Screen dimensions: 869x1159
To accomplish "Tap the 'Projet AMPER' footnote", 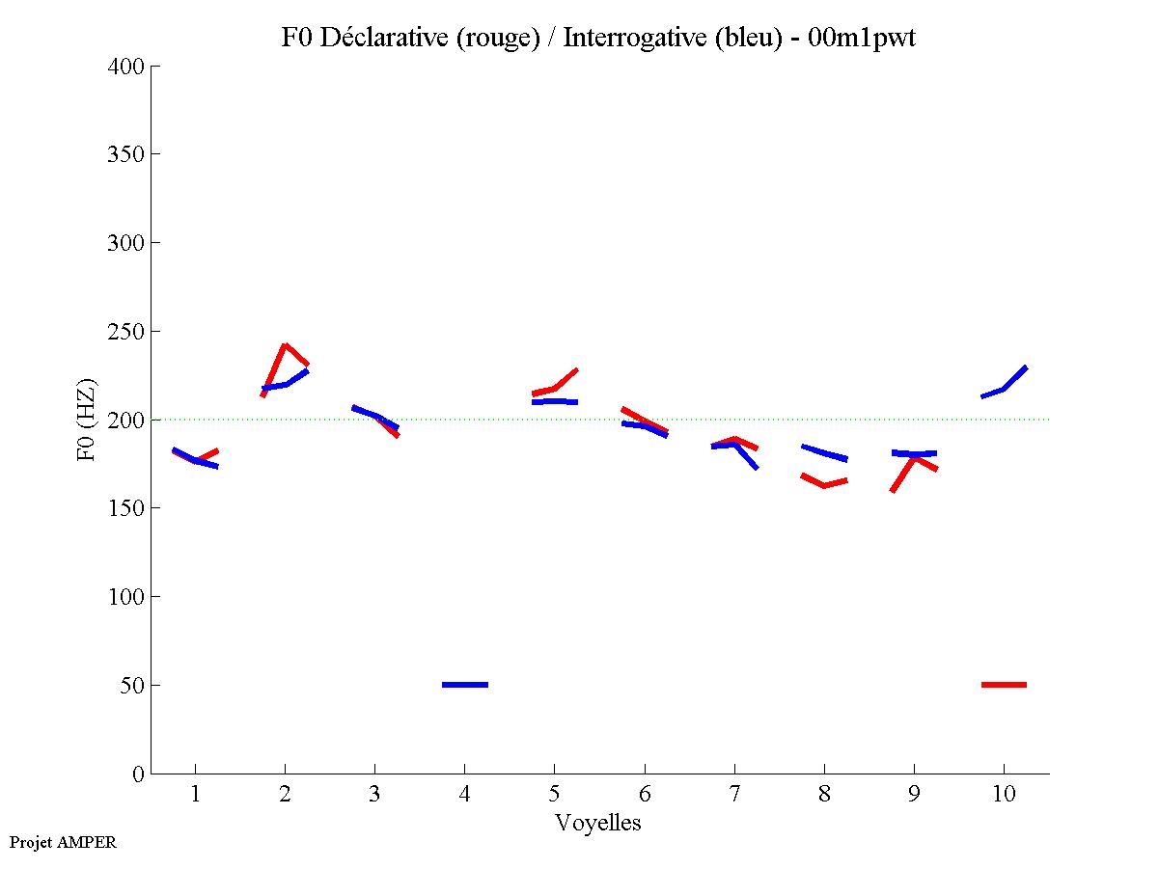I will coord(63,842).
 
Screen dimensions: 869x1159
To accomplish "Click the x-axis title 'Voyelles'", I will coord(598,823).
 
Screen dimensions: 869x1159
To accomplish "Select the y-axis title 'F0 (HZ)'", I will coord(86,420).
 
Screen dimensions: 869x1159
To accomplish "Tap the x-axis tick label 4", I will coord(464,794).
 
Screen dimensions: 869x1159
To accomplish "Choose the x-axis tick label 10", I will coord(1004,794).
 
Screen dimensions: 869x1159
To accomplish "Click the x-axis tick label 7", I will coord(734,794).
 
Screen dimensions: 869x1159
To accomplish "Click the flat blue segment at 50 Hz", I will coord(465,685).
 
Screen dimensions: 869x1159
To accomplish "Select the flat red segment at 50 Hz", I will coord(1004,685).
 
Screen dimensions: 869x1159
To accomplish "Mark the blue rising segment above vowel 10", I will coord(1005,388).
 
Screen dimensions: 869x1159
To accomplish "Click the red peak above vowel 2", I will coord(285,345).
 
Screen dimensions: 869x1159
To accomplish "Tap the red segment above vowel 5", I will coord(555,388).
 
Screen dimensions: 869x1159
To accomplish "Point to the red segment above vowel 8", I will coord(824,484).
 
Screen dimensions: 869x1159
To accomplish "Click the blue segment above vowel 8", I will coord(824,452).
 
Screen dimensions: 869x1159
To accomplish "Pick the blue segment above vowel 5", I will coord(555,401).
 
